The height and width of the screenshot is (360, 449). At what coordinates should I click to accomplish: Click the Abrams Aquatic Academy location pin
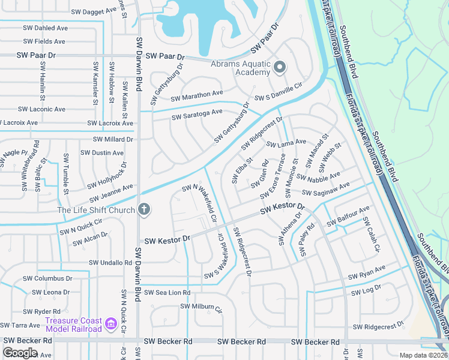coord(280,67)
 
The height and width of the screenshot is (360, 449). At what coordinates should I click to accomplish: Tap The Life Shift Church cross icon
coord(143,209)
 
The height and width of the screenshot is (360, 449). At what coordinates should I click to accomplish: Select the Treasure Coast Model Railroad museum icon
coord(110,325)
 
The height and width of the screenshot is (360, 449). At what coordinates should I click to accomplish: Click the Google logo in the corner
coord(20,352)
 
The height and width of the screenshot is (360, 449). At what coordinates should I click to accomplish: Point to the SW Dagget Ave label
coord(94,11)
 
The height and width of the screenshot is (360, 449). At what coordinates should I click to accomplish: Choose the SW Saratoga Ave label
coord(197,114)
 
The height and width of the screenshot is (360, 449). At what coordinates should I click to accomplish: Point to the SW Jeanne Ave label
coord(111,194)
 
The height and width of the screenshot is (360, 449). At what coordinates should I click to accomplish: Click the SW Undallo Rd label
coord(110,263)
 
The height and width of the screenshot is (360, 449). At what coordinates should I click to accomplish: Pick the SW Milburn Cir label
coord(201,308)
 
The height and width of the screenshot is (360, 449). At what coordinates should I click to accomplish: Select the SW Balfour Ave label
coord(348,217)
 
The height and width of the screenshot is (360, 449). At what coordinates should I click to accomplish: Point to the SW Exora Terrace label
coord(273,177)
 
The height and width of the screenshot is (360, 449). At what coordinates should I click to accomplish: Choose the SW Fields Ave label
coord(44,41)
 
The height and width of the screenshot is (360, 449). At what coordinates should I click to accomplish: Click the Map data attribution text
coord(423,355)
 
